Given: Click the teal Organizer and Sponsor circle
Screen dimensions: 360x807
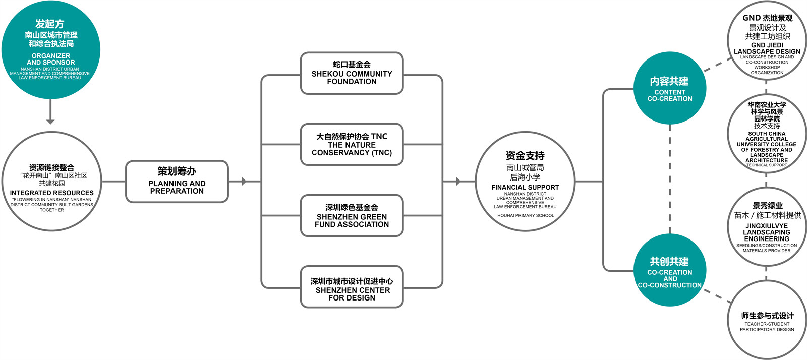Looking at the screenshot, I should (50, 49).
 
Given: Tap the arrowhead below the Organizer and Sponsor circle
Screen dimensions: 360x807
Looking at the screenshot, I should (50, 121).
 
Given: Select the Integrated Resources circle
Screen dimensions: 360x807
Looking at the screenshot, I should (51, 182).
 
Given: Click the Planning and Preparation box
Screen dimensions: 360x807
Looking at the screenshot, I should (177, 182).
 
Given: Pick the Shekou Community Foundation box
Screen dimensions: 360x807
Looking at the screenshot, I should (352, 74).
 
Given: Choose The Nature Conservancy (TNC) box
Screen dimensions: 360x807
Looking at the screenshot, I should (352, 145).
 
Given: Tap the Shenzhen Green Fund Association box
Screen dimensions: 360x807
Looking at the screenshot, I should (352, 216).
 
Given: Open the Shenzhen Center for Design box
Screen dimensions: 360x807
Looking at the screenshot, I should (352, 287).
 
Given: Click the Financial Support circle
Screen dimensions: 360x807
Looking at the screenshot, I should (525, 182).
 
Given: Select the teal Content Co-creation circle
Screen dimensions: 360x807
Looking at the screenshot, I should (670, 88).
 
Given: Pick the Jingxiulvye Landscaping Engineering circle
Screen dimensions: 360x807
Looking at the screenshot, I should (767, 227).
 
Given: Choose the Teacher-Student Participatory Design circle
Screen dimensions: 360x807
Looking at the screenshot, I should (767, 320).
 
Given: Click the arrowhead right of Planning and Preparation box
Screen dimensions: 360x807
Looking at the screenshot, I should (244, 182).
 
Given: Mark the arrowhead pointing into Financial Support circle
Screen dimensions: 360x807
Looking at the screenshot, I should (458, 182).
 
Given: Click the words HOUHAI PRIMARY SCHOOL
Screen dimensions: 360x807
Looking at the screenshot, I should (526, 216).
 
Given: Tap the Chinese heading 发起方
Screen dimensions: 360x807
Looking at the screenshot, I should (49, 24).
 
